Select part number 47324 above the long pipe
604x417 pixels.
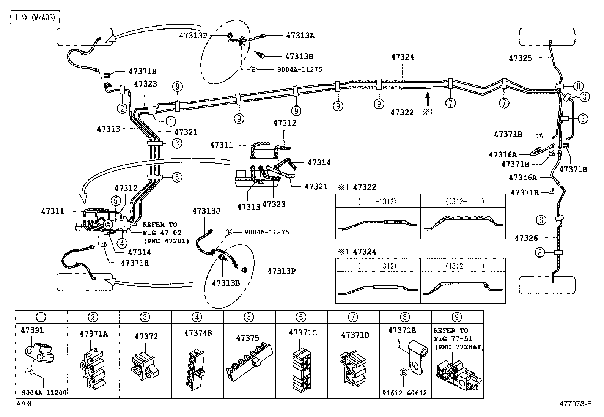(x=403, y=57)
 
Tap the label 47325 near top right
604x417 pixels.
(x=520, y=58)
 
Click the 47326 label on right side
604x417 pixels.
(x=526, y=238)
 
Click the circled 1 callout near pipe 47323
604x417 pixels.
(x=170, y=121)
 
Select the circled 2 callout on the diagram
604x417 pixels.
(x=122, y=109)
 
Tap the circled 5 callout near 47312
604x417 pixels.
(x=115, y=201)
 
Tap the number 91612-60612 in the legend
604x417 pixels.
(x=405, y=393)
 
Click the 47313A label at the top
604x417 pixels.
(x=300, y=35)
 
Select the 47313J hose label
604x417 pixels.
(x=206, y=211)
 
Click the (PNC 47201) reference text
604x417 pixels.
(x=166, y=241)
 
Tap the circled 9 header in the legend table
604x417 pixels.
(x=457, y=317)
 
